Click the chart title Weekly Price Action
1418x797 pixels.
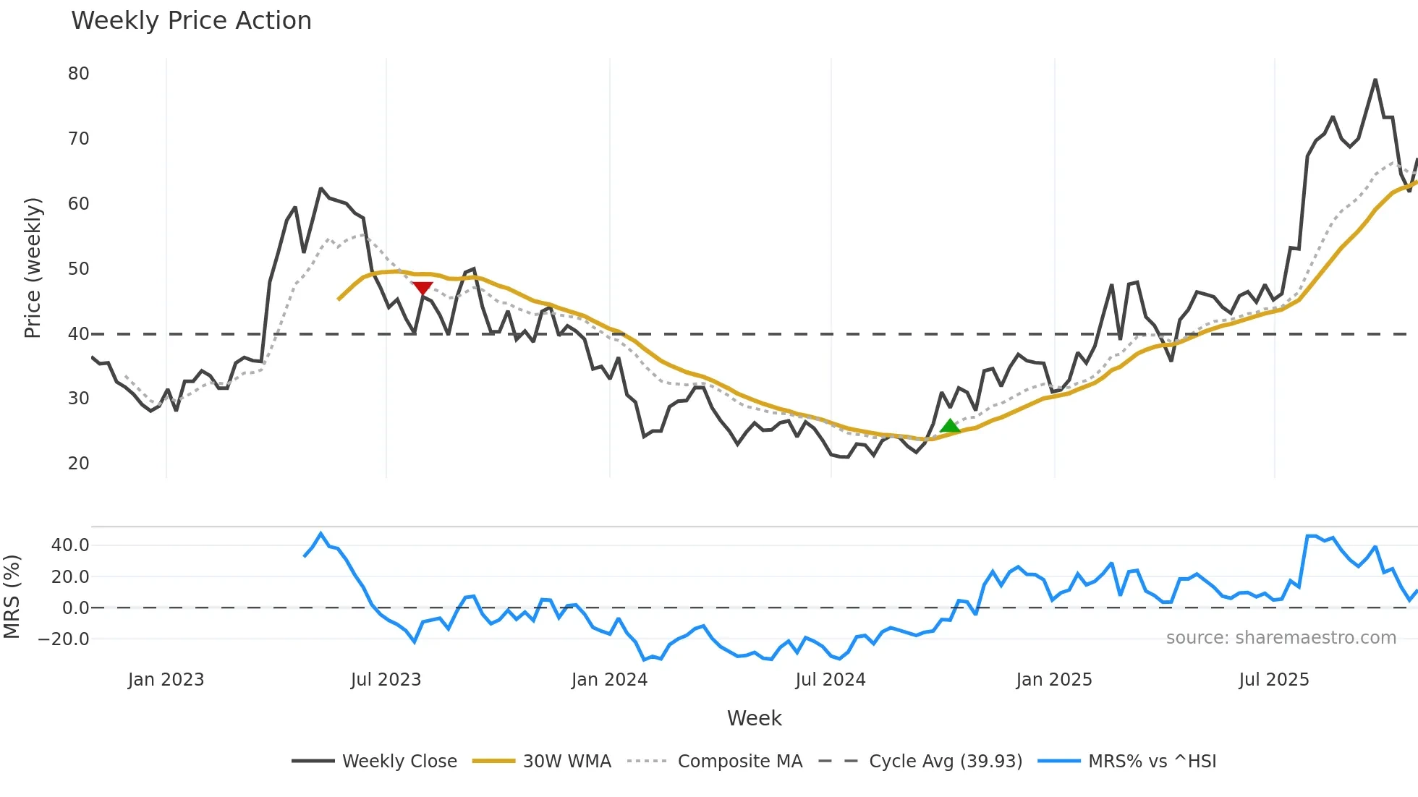coord(191,21)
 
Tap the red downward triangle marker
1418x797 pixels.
coord(423,289)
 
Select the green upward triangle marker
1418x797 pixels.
coord(950,426)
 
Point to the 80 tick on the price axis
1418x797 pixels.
coord(79,74)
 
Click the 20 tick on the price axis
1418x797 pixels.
coord(79,464)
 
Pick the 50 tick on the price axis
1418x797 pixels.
coord(79,269)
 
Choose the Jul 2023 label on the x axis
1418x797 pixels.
coord(386,680)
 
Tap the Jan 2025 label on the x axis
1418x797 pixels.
coord(1053,680)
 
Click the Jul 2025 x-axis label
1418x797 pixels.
coord(1273,680)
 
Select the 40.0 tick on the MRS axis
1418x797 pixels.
coord(70,545)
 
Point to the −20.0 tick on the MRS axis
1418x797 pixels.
coord(64,639)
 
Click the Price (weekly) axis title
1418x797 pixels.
coord(33,268)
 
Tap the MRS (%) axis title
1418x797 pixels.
coord(12,597)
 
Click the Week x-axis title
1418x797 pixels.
coord(754,718)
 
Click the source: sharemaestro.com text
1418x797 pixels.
coord(1281,638)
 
